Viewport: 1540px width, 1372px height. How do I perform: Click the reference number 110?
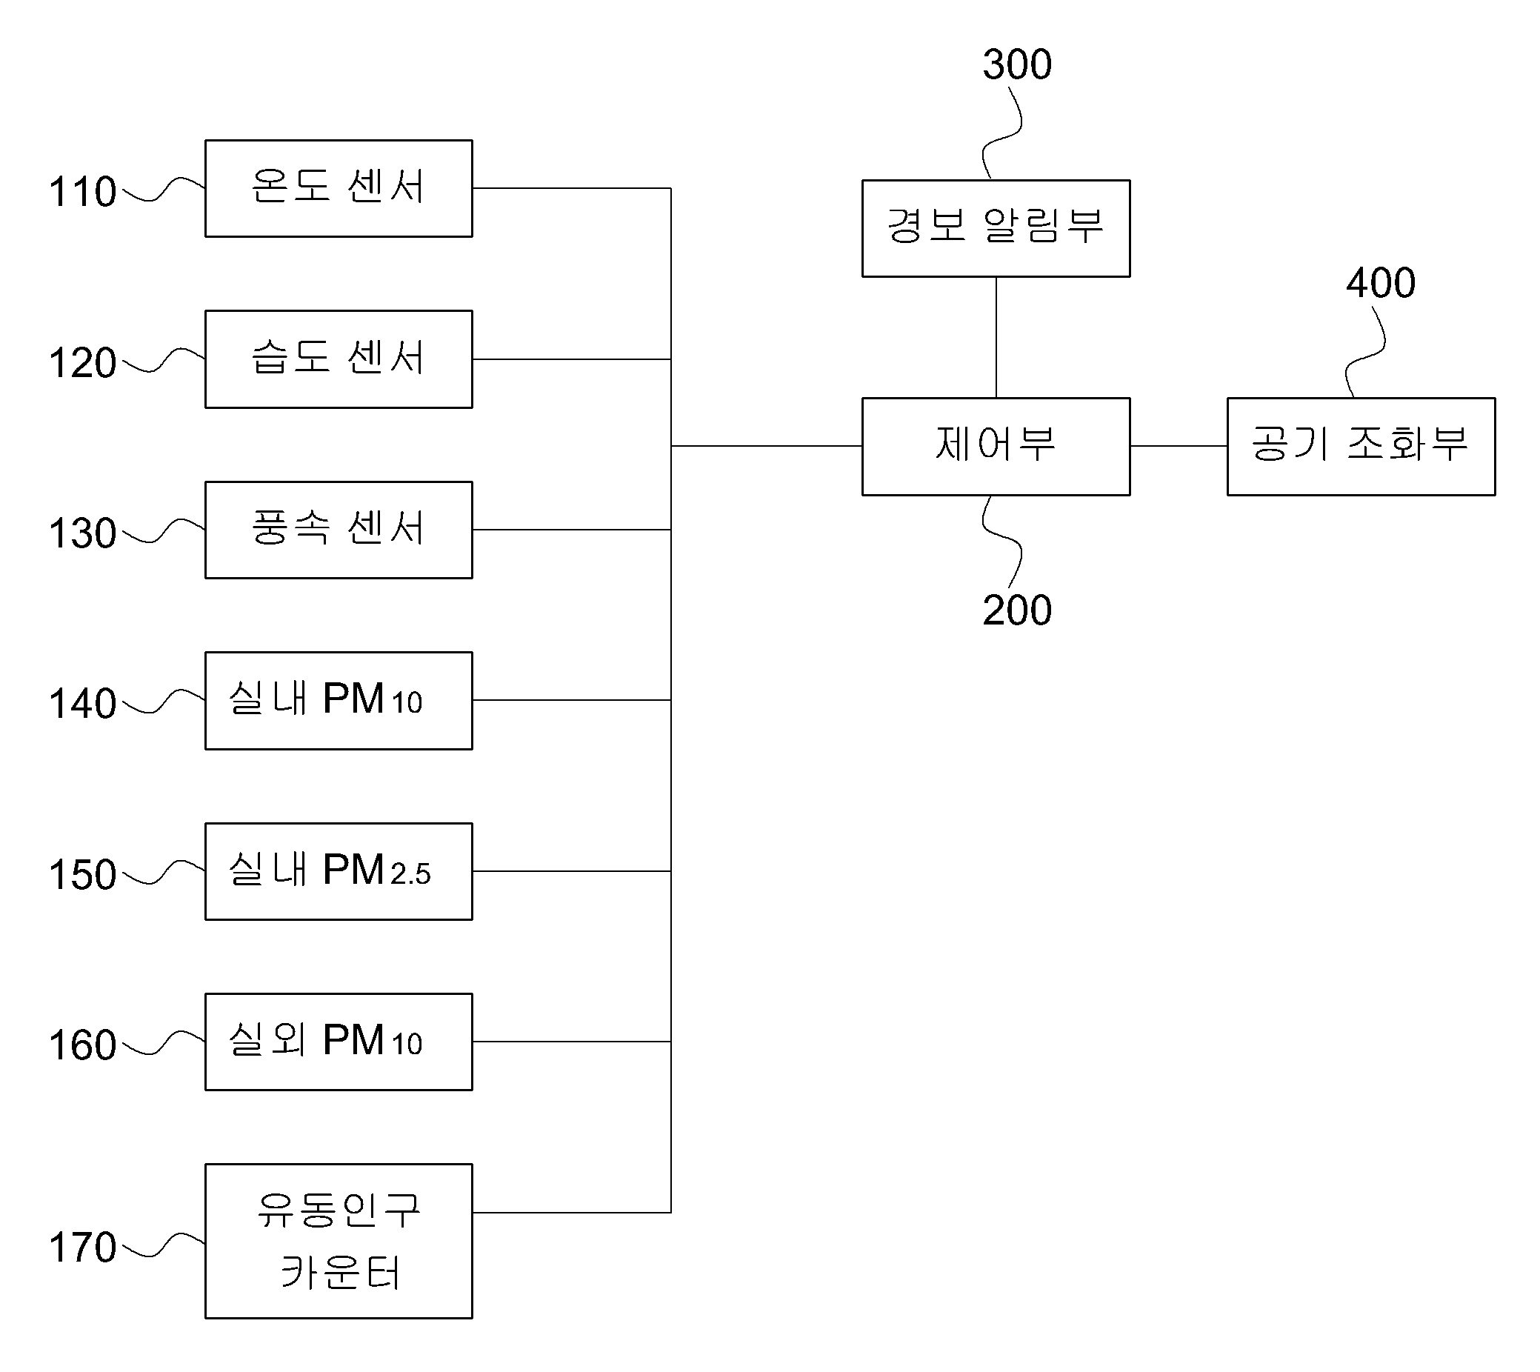point(83,191)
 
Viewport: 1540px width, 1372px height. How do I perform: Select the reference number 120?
point(83,362)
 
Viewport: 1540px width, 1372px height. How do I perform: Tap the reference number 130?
point(83,533)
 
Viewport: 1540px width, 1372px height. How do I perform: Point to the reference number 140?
point(83,703)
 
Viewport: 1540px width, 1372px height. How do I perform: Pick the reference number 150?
point(83,874)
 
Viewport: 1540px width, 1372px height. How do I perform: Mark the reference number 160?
point(83,1045)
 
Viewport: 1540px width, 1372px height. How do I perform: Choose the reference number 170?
point(83,1247)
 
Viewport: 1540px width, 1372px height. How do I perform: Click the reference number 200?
point(1017,610)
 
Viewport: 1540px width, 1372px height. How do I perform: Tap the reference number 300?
point(1017,64)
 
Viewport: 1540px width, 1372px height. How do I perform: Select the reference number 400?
point(1381,283)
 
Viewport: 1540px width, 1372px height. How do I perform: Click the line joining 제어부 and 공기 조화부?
point(1179,446)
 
